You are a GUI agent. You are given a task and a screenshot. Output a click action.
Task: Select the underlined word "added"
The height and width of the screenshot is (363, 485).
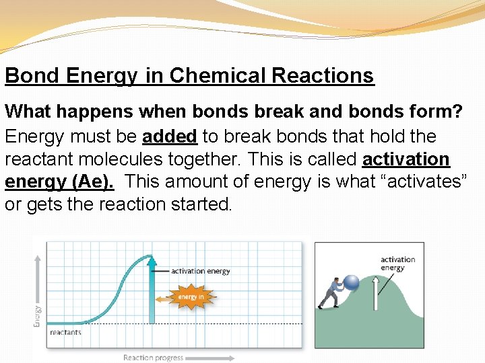click(x=169, y=136)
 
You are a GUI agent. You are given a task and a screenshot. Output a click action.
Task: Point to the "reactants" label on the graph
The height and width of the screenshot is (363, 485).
click(x=65, y=332)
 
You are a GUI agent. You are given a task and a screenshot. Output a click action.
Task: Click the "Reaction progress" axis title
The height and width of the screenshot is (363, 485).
click(x=153, y=358)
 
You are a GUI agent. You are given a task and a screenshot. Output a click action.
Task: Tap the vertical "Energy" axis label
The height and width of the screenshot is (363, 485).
click(x=37, y=315)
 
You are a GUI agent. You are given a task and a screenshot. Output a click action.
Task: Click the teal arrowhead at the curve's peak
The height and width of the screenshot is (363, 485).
click(x=152, y=259)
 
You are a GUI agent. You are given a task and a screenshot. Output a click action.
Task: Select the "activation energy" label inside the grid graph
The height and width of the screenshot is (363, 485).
click(x=200, y=272)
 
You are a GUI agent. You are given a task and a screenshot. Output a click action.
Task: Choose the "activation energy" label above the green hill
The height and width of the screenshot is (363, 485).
click(x=397, y=264)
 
